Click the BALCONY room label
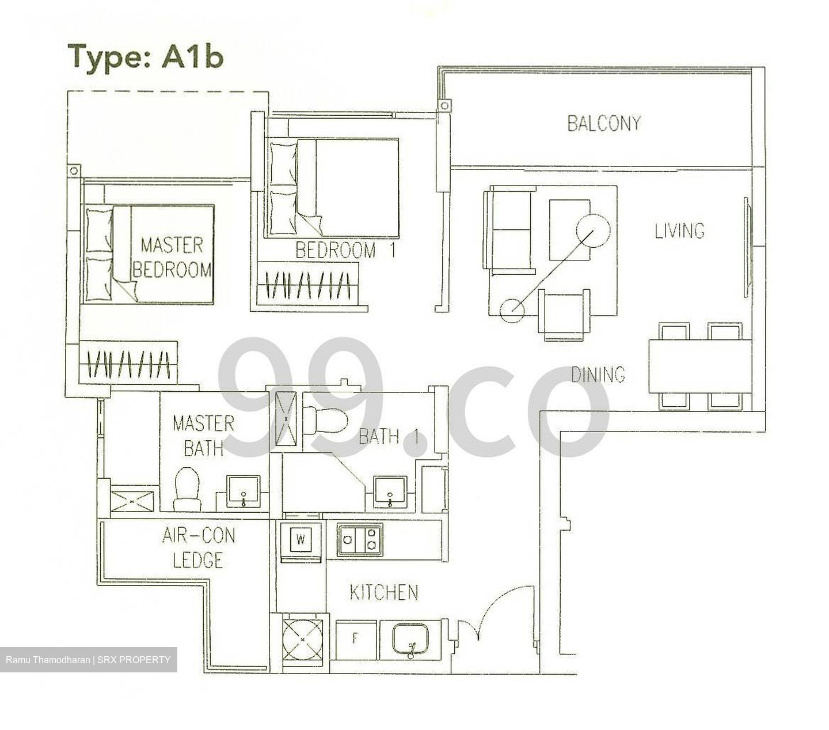[603, 123]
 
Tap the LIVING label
[679, 230]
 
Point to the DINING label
[598, 375]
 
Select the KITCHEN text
[384, 592]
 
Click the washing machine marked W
[301, 540]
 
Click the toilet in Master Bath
[187, 489]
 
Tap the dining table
[699, 366]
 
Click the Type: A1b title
[145, 57]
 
